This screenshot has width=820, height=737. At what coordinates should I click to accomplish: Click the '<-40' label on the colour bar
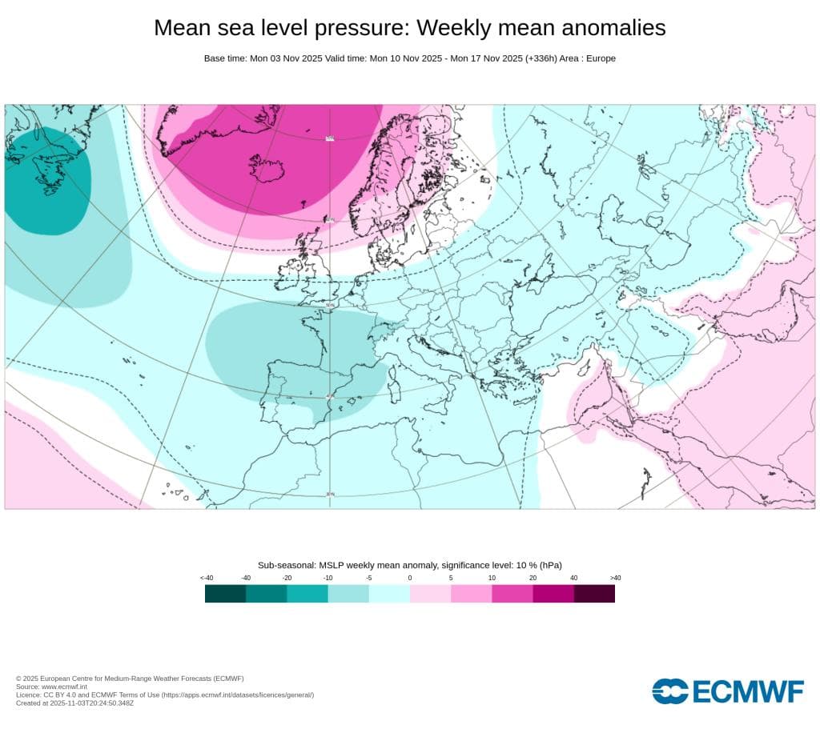206,578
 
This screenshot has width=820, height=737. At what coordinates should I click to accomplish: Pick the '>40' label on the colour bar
615,578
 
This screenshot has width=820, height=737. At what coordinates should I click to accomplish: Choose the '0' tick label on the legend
410,578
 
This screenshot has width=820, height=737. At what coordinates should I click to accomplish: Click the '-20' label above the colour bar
287,578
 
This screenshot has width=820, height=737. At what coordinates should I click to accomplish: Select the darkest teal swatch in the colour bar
225,594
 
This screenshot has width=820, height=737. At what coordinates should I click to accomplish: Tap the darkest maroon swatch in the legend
595,594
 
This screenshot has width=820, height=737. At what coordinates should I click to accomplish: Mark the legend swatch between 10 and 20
512,594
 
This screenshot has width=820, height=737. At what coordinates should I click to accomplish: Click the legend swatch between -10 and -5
348,594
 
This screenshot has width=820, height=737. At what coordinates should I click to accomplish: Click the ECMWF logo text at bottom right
748,691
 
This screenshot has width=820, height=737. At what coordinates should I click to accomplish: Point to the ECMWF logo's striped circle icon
669,691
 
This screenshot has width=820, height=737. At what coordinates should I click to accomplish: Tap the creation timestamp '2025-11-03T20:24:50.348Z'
93,703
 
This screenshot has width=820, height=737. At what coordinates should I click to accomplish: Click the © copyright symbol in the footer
18,679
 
